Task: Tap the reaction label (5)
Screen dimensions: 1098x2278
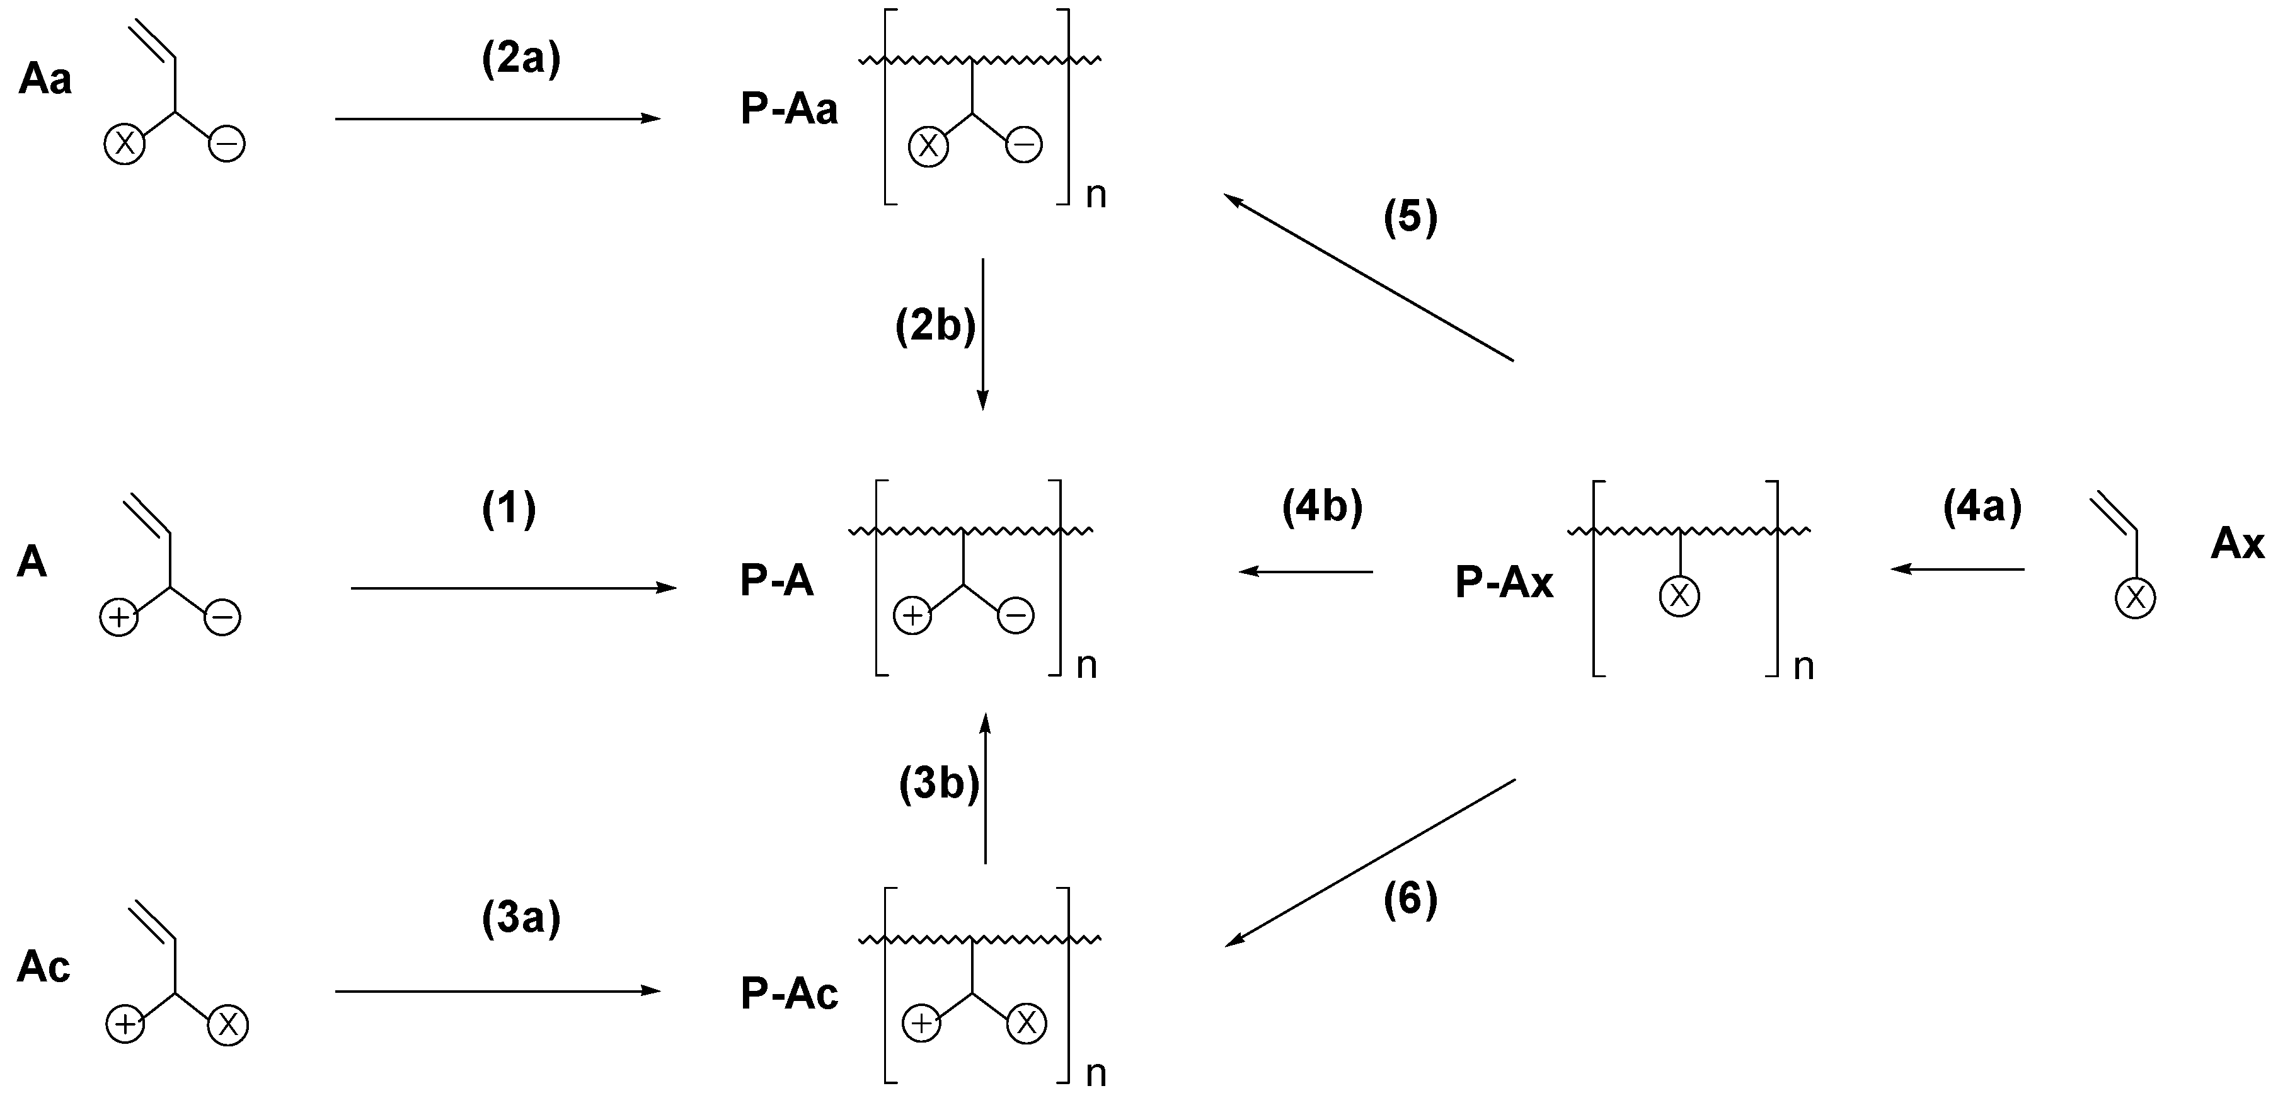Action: click(1410, 217)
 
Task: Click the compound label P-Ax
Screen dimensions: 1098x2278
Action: click(1504, 583)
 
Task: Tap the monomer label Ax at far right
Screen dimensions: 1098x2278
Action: click(2236, 543)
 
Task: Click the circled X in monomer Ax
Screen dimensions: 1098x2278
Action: click(2135, 598)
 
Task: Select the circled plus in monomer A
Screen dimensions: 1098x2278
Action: click(118, 617)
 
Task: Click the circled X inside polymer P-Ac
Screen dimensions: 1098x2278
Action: click(1026, 1024)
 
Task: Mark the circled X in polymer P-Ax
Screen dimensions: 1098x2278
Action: click(1679, 596)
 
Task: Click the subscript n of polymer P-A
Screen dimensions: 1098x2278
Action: click(1087, 666)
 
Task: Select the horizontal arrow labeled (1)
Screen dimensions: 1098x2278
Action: click(513, 588)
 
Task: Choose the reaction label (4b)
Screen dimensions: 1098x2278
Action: click(1322, 508)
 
